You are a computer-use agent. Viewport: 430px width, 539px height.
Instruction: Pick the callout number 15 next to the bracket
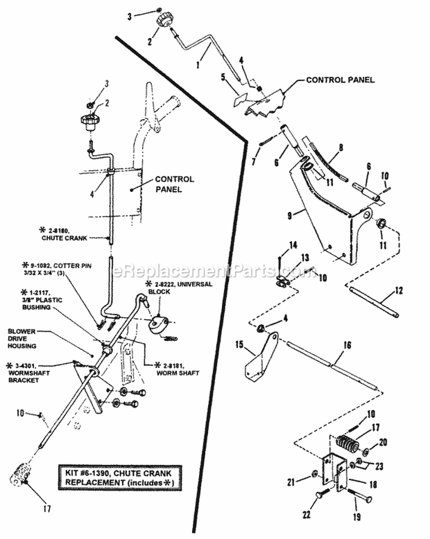tap(240, 345)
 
